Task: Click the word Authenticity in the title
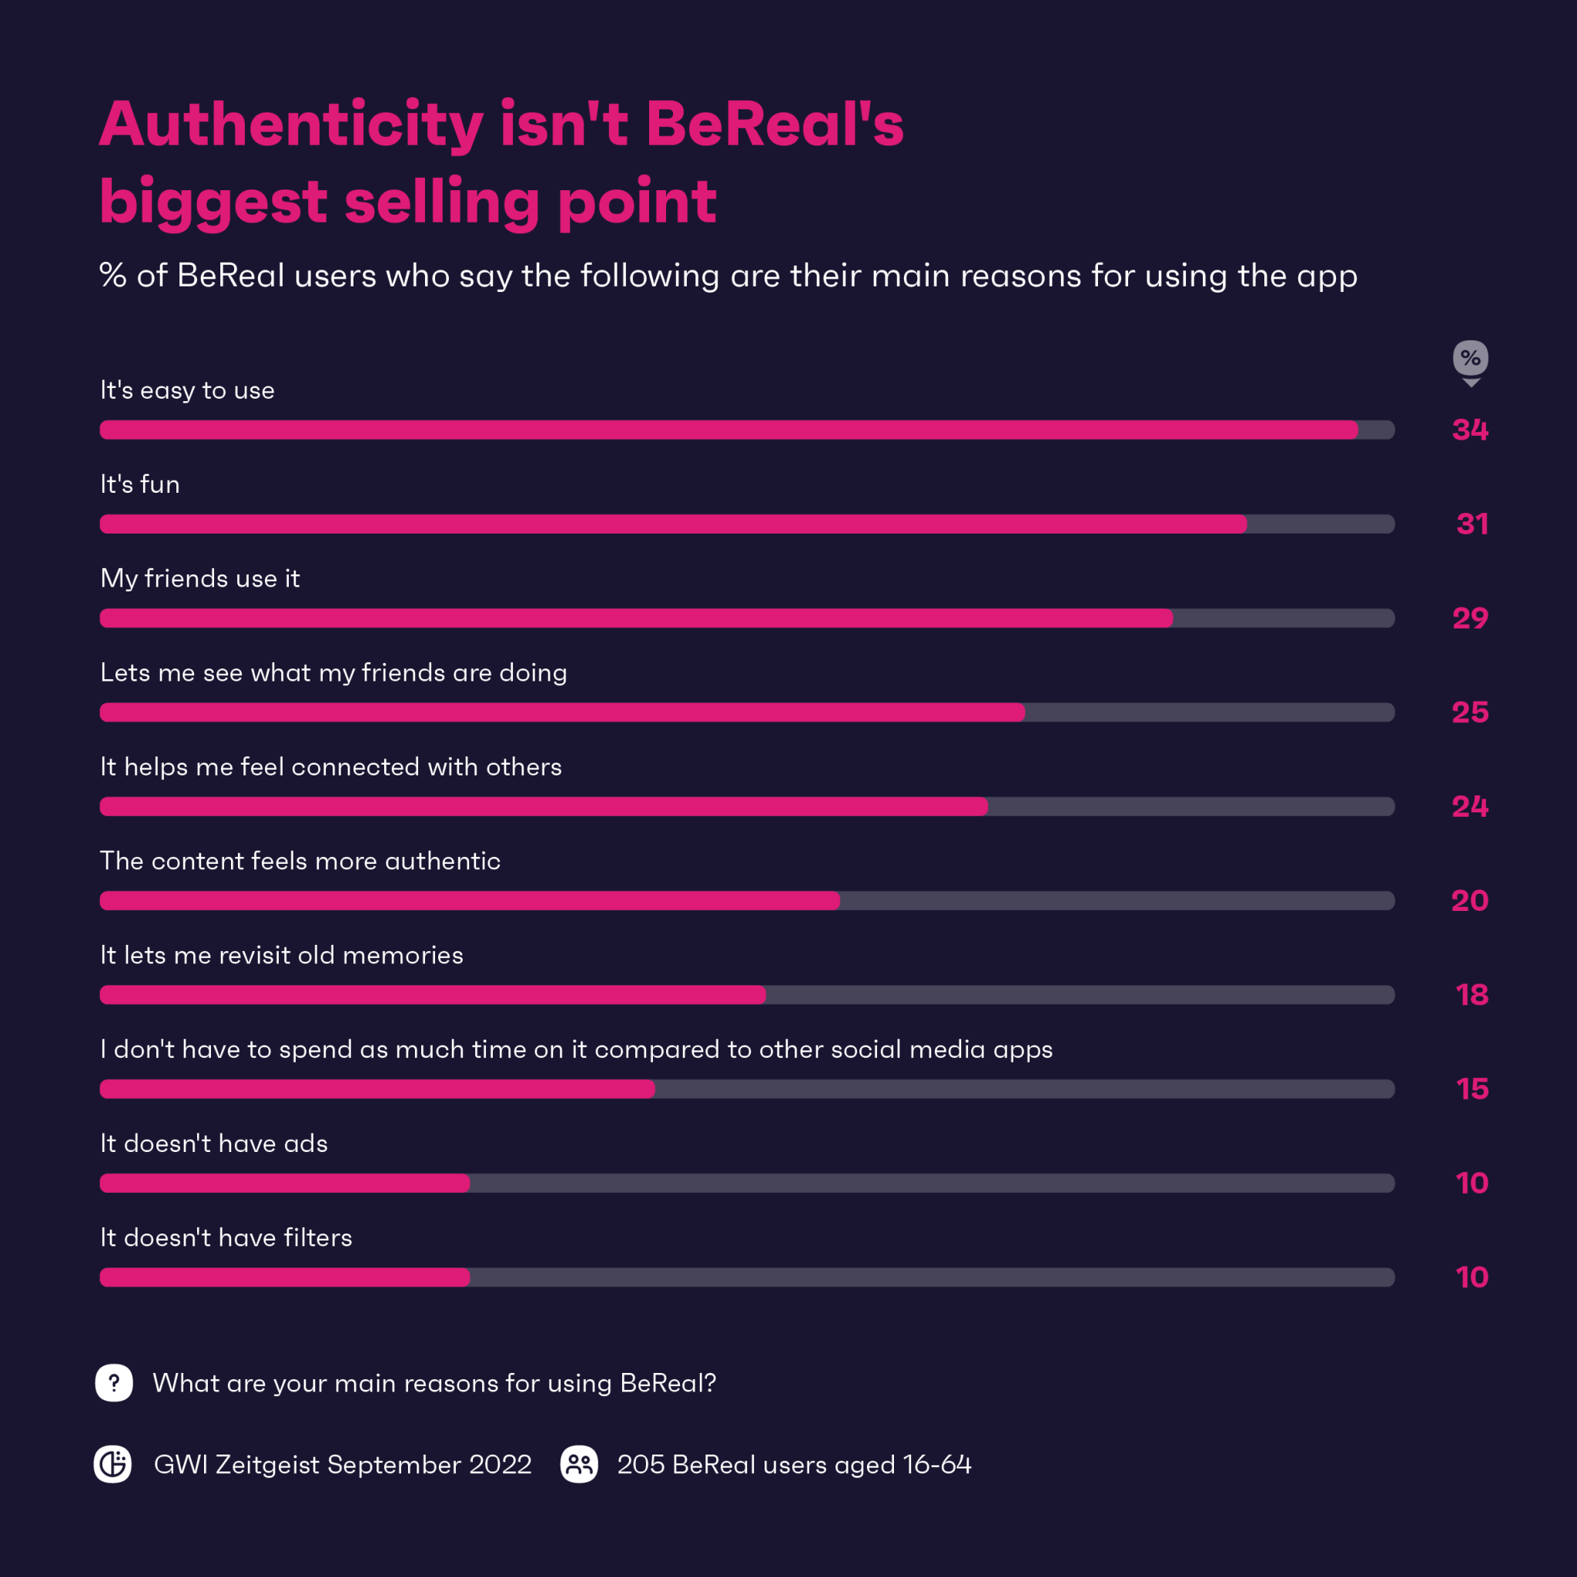coord(291,124)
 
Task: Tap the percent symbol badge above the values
coord(1470,358)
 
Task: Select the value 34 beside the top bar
coord(1470,430)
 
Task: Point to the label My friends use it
coord(200,579)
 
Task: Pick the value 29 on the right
coord(1470,619)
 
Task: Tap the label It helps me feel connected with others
coord(330,767)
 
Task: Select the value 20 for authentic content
coord(1469,901)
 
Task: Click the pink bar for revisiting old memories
coord(433,995)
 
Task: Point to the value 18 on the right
coord(1472,995)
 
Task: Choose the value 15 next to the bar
coord(1472,1089)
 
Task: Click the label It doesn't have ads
coord(214,1143)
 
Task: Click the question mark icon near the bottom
coord(114,1383)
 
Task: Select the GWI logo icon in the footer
coord(112,1465)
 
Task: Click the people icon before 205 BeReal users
coord(579,1465)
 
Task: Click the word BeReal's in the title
coord(775,124)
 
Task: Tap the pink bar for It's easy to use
coord(728,430)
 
